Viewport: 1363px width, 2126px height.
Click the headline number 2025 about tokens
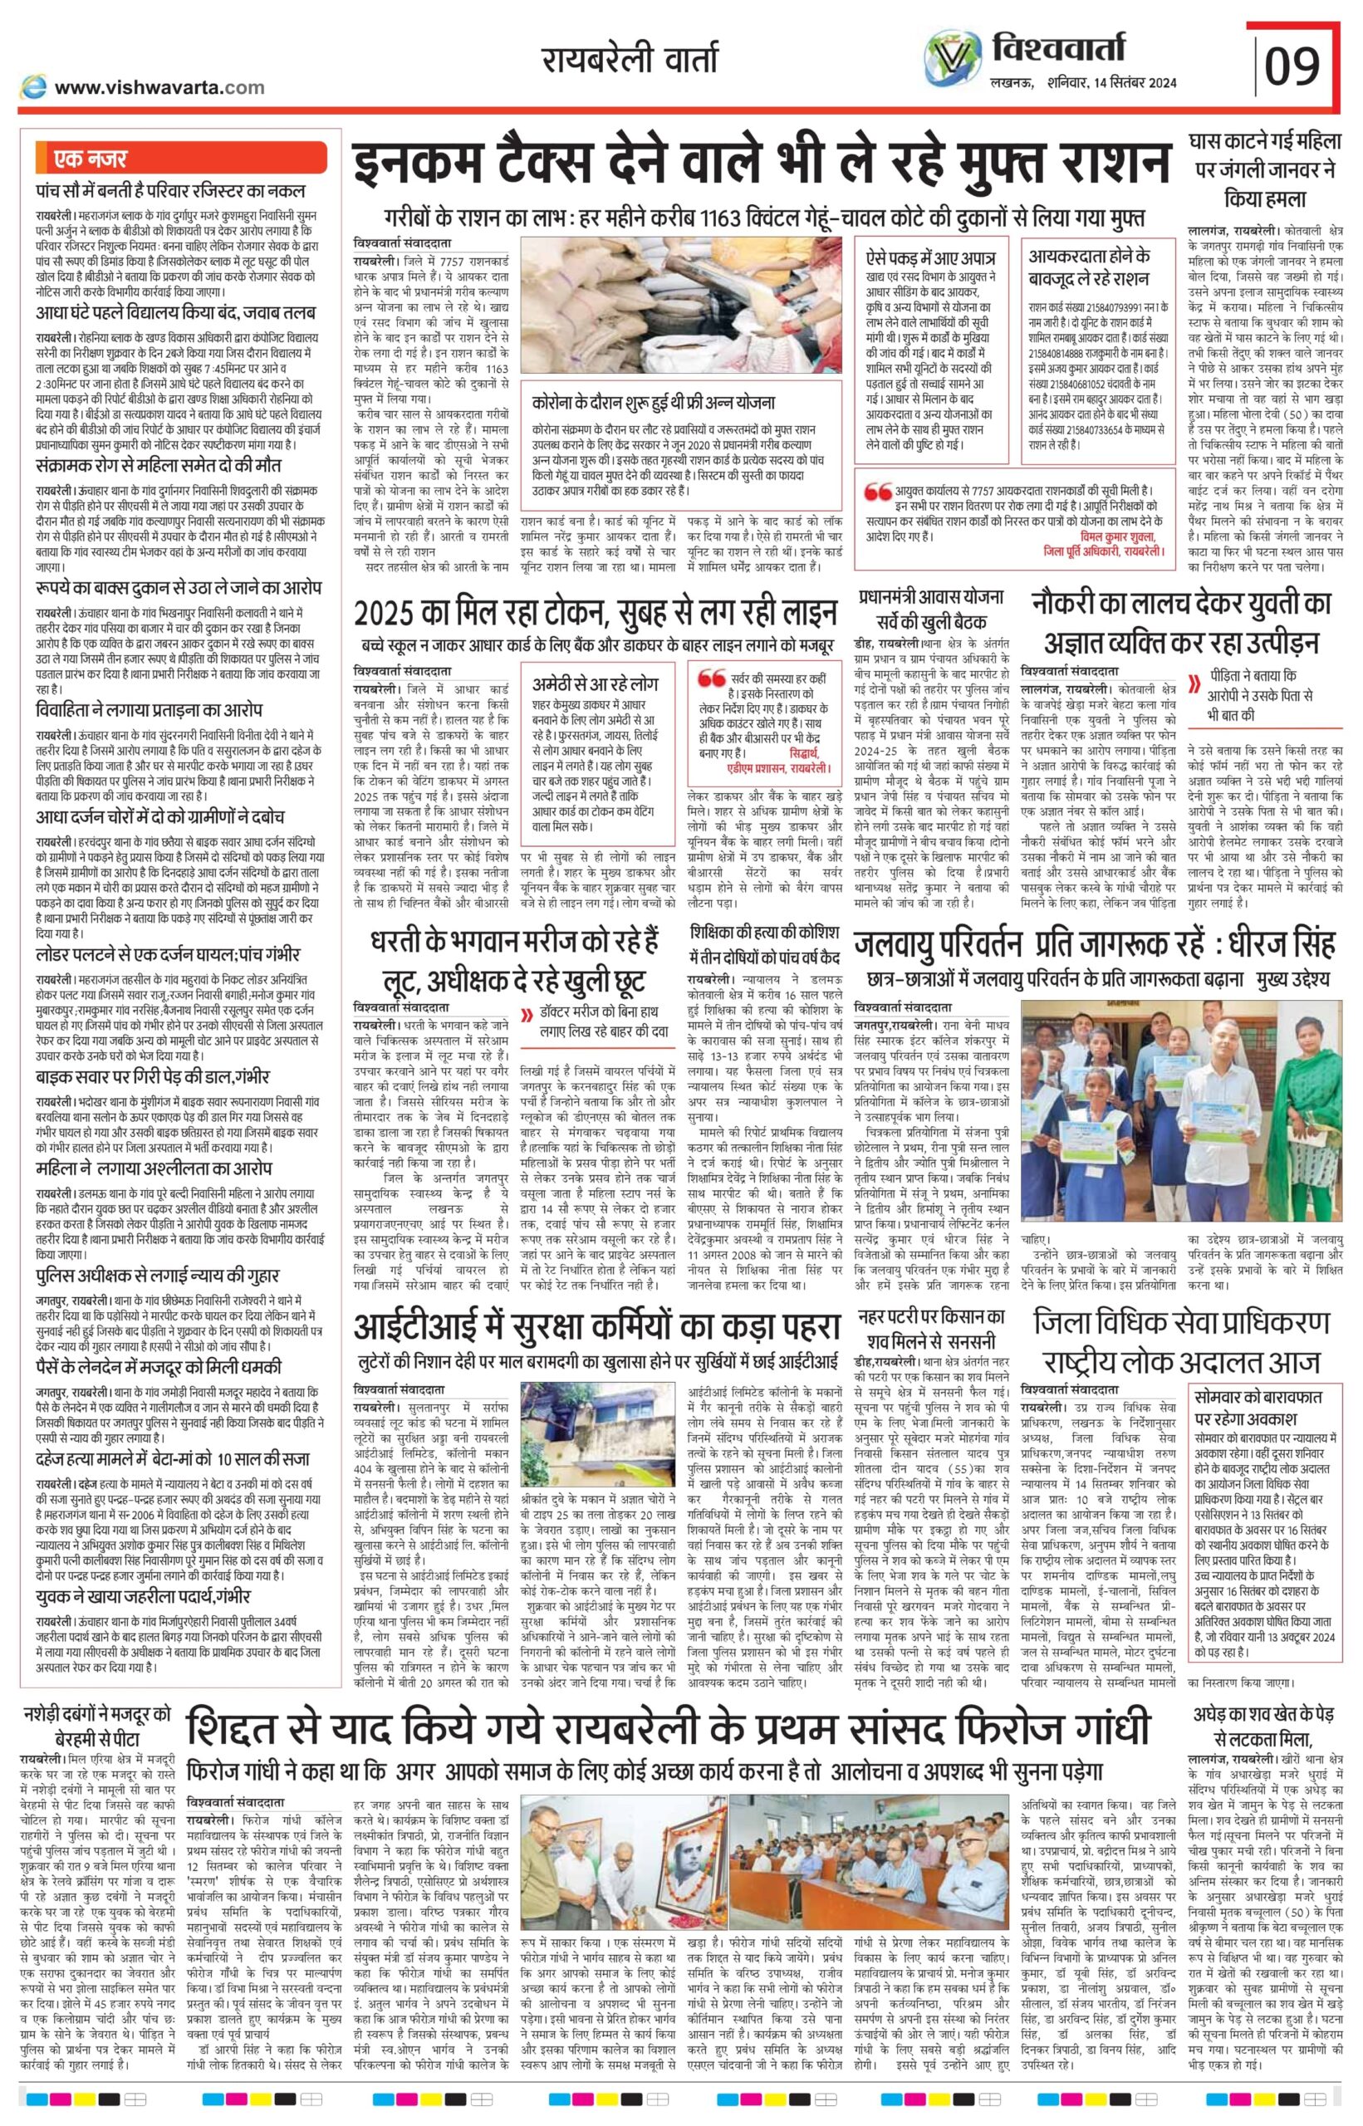tap(390, 612)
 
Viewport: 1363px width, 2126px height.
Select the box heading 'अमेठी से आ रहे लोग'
tap(595, 685)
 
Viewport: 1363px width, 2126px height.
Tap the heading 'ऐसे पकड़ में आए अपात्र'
tap(930, 258)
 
